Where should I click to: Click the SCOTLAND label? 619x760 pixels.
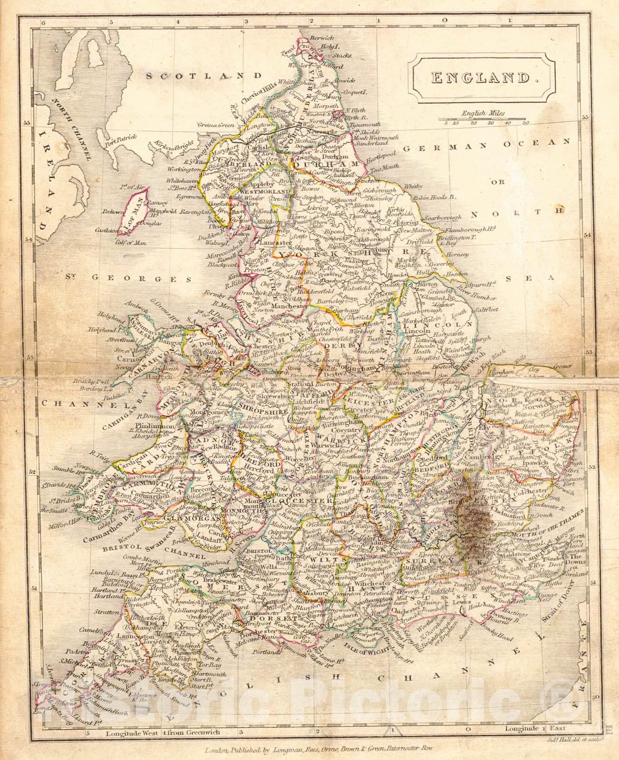pyautogui.click(x=204, y=75)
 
